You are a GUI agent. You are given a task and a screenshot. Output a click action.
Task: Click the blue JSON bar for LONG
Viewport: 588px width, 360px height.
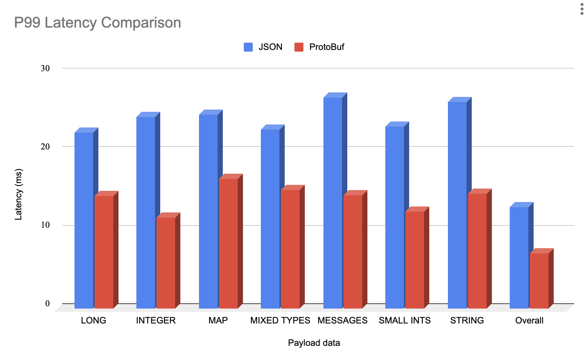[84, 220]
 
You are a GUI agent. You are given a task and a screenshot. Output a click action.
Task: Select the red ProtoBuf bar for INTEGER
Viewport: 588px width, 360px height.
[166, 263]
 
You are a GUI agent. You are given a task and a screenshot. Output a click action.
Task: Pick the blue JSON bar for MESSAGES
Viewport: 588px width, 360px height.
[333, 203]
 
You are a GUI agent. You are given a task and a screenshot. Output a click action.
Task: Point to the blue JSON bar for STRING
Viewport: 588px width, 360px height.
[457, 205]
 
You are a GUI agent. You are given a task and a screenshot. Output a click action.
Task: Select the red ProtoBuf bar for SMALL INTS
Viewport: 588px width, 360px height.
[415, 260]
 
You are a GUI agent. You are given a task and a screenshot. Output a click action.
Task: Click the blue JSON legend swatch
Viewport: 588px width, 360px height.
[248, 47]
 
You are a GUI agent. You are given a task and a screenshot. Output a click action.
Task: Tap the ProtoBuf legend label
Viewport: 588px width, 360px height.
[326, 47]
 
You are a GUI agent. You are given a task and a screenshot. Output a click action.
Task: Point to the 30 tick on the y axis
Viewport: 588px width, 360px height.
[45, 68]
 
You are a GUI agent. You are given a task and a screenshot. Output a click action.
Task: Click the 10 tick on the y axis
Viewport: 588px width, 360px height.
[45, 225]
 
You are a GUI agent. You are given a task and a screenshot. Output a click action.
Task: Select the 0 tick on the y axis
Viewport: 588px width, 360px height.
[47, 303]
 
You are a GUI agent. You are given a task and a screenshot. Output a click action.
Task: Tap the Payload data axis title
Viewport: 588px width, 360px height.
[314, 343]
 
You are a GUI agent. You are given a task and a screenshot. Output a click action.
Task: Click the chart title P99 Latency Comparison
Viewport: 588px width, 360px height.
[98, 23]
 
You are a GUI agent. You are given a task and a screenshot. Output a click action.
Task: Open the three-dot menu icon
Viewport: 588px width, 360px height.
[582, 9]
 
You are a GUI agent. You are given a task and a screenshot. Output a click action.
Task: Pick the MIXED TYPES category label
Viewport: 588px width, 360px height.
[280, 320]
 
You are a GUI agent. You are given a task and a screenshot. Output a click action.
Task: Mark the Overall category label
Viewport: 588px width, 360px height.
[529, 320]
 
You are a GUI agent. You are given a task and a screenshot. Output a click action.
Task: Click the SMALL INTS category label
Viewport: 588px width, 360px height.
[405, 320]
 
